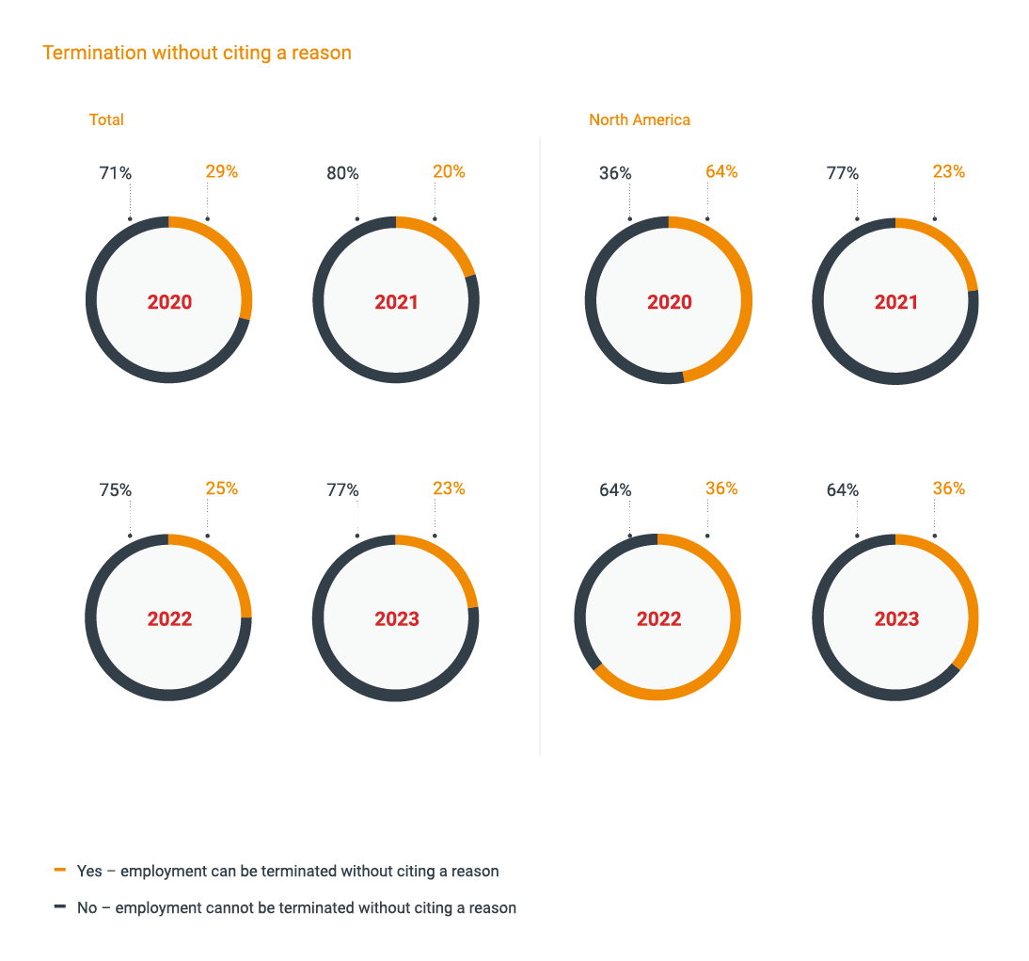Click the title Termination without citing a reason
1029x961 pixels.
197,53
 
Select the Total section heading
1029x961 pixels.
106,120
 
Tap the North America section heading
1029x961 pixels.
639,120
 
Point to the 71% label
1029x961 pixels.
115,173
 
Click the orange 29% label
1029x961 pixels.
222,172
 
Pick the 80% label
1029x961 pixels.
342,173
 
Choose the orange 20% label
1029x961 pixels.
449,172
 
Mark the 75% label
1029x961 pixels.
115,490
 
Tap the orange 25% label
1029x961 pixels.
222,489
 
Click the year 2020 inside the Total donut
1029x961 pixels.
169,302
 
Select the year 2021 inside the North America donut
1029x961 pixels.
895,302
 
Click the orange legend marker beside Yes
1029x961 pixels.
60,870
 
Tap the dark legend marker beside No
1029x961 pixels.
60,906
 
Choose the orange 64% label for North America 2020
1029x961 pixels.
721,172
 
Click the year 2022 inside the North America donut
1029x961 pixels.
658,619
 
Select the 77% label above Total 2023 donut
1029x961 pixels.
342,490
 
